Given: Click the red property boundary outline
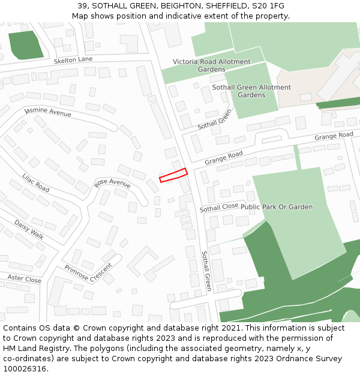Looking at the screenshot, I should point(173,175).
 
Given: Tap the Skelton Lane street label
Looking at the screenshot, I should point(73,60).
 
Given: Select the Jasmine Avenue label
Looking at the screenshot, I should point(47,112).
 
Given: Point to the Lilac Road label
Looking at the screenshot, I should point(35,182).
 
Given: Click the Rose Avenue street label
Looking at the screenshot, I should point(112,183).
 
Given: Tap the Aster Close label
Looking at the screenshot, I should point(25,279).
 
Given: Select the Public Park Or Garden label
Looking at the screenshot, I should point(277,207).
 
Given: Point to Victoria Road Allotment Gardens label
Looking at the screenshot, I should point(212,65).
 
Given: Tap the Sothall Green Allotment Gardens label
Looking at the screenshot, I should point(251,91).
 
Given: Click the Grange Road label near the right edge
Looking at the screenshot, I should point(334,136).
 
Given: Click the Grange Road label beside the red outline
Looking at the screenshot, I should point(223,158).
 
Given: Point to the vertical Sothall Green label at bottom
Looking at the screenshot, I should point(206,271).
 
